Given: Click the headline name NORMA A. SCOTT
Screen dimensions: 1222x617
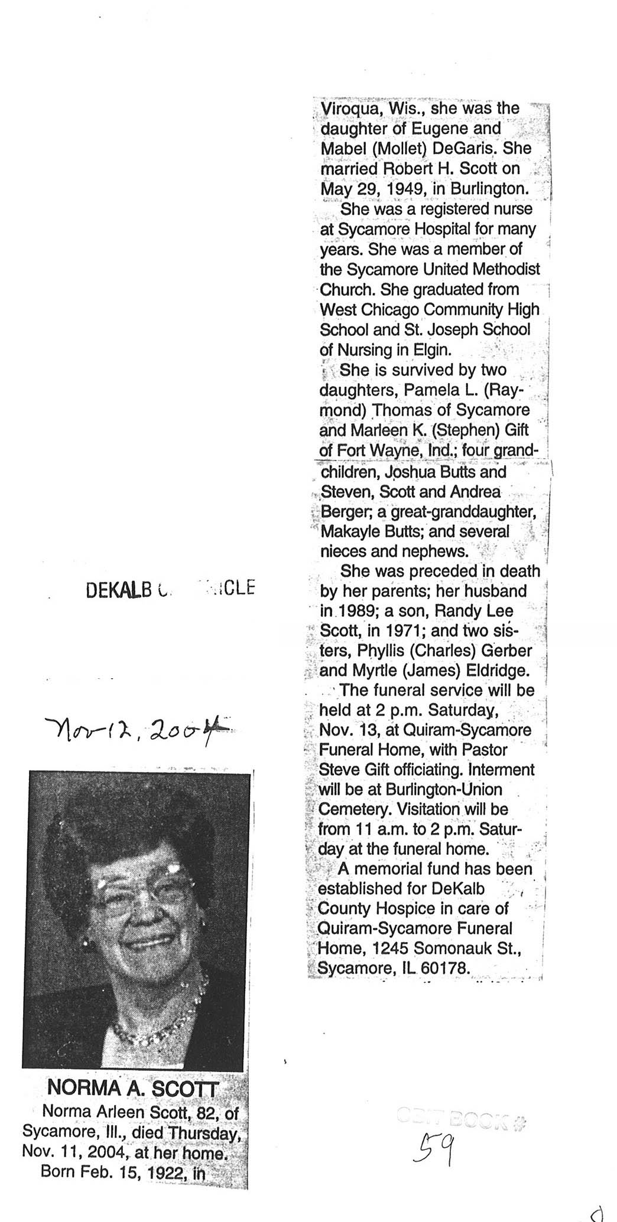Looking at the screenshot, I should coord(133,1087).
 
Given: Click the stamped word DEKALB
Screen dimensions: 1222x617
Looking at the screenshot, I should coord(116,590).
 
